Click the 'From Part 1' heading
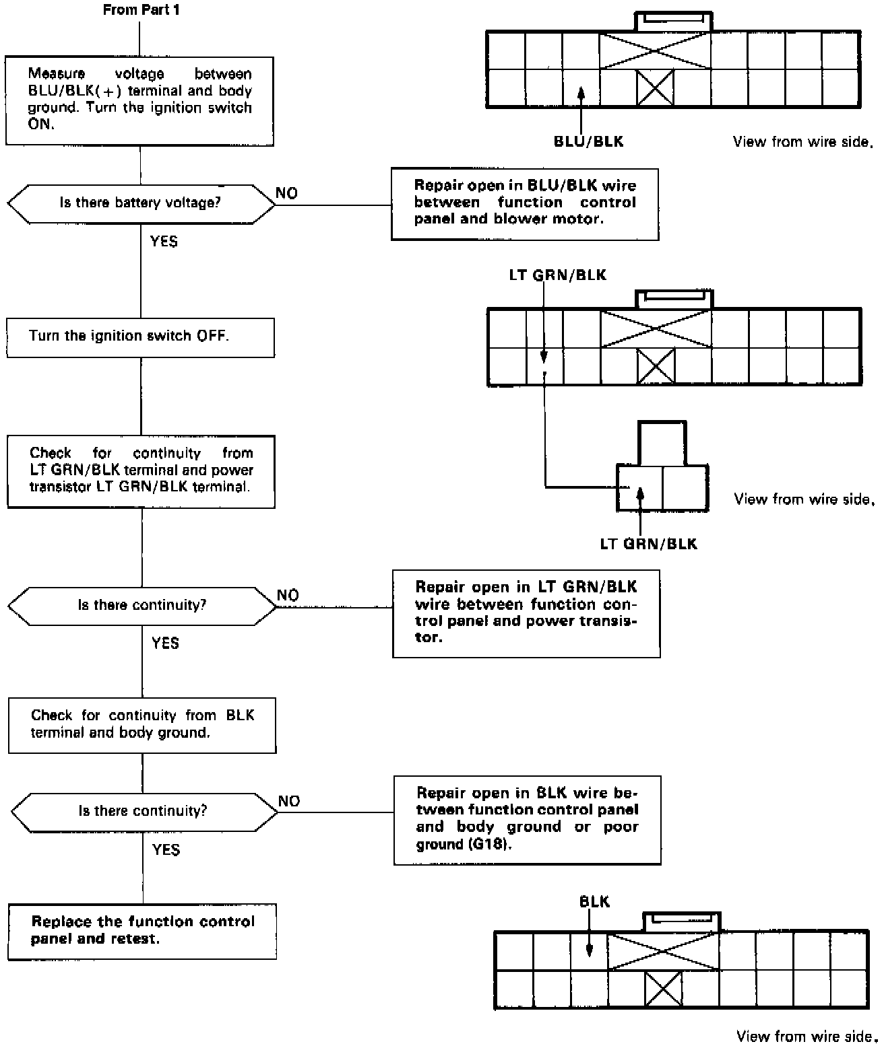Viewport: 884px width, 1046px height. click(x=141, y=10)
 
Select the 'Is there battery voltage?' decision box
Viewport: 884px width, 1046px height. click(x=140, y=203)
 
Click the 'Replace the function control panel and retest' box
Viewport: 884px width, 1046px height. click(x=142, y=931)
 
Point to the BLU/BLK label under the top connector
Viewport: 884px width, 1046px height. click(x=588, y=141)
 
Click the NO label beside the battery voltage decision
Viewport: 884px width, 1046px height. click(x=286, y=193)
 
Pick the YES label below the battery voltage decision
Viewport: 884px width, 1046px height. click(x=164, y=241)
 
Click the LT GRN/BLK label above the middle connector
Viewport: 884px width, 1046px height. click(x=557, y=275)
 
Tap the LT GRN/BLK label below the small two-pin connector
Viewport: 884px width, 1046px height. click(x=648, y=544)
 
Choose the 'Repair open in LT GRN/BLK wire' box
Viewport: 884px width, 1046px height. click(x=526, y=613)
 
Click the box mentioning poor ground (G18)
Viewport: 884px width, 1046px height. click(x=527, y=820)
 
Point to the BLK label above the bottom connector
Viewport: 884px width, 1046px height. click(x=594, y=902)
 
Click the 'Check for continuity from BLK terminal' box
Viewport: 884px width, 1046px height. click(x=142, y=725)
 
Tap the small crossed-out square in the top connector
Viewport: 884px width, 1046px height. click(x=655, y=88)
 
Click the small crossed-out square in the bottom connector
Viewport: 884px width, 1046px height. click(x=663, y=990)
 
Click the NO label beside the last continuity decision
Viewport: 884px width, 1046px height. click(x=289, y=801)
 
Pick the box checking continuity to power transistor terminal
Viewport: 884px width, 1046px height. click(x=141, y=471)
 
